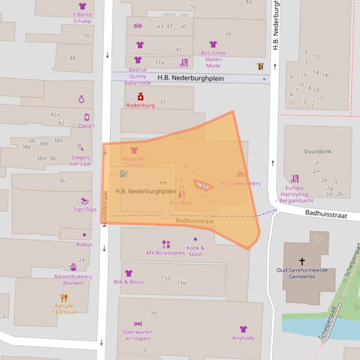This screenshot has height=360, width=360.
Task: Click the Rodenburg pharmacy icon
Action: pyautogui.click(x=140, y=97)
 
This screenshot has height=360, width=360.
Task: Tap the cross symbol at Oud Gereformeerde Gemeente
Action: pyautogui.click(x=302, y=261)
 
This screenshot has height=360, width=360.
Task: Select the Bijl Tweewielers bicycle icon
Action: pyautogui.click(x=241, y=174)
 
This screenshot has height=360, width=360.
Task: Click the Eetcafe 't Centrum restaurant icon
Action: pyautogui.click(x=64, y=297)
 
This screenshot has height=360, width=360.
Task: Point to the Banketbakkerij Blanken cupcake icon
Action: pyautogui.click(x=73, y=267)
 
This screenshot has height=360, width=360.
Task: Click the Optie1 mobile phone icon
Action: pyautogui.click(x=87, y=117)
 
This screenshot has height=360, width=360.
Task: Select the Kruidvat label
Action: pyautogui.click(x=181, y=203)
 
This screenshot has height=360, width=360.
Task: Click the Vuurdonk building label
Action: pyautogui.click(x=317, y=151)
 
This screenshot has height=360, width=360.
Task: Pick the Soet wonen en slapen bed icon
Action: pyautogui.click(x=138, y=324)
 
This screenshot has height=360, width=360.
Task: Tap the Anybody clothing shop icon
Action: pyautogui.click(x=243, y=329)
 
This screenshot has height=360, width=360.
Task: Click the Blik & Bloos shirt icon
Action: pyautogui.click(x=129, y=273)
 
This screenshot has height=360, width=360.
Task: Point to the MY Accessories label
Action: pyautogui.click(x=166, y=253)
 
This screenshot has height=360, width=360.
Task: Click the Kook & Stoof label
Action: pyautogui.click(x=195, y=251)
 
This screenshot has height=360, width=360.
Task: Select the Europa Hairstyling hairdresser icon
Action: pyautogui.click(x=294, y=179)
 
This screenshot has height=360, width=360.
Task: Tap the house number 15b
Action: pyautogui.click(x=182, y=283)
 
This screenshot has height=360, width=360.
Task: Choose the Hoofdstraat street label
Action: pyautogui.click(x=105, y=208)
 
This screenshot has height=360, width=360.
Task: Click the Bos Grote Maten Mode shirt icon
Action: pyautogui.click(x=213, y=44)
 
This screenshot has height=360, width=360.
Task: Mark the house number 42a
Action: pyautogui.click(x=55, y=114)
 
